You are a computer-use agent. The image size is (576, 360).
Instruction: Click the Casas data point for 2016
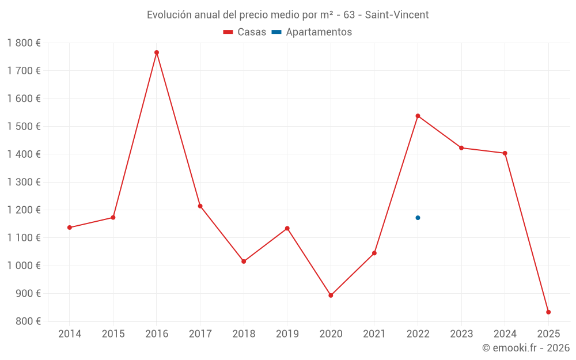tap(157, 52)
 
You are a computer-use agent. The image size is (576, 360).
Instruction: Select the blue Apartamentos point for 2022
tap(418, 218)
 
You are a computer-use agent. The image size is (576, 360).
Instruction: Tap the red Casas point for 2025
tap(548, 312)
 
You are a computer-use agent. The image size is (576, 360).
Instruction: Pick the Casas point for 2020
tap(331, 295)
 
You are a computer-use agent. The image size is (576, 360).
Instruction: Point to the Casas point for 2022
tap(418, 116)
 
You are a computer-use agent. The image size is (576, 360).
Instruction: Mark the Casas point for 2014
tap(70, 228)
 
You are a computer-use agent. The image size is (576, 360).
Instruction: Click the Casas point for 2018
tap(244, 262)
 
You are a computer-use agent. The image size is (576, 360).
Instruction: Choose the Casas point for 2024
tap(505, 153)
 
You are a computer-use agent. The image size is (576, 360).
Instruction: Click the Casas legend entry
tap(245, 32)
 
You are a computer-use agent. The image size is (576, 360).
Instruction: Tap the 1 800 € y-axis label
tap(24, 43)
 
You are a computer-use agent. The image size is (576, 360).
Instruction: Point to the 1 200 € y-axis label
tap(24, 210)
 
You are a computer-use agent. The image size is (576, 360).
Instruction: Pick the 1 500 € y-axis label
tap(24, 126)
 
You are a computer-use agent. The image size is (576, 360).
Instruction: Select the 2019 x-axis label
tap(287, 334)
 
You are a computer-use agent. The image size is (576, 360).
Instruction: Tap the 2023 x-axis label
tap(461, 334)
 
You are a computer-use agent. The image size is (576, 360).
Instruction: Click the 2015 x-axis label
tap(113, 334)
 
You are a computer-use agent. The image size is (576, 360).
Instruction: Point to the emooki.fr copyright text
tap(525, 348)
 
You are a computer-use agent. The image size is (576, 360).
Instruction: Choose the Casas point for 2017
tap(200, 206)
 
